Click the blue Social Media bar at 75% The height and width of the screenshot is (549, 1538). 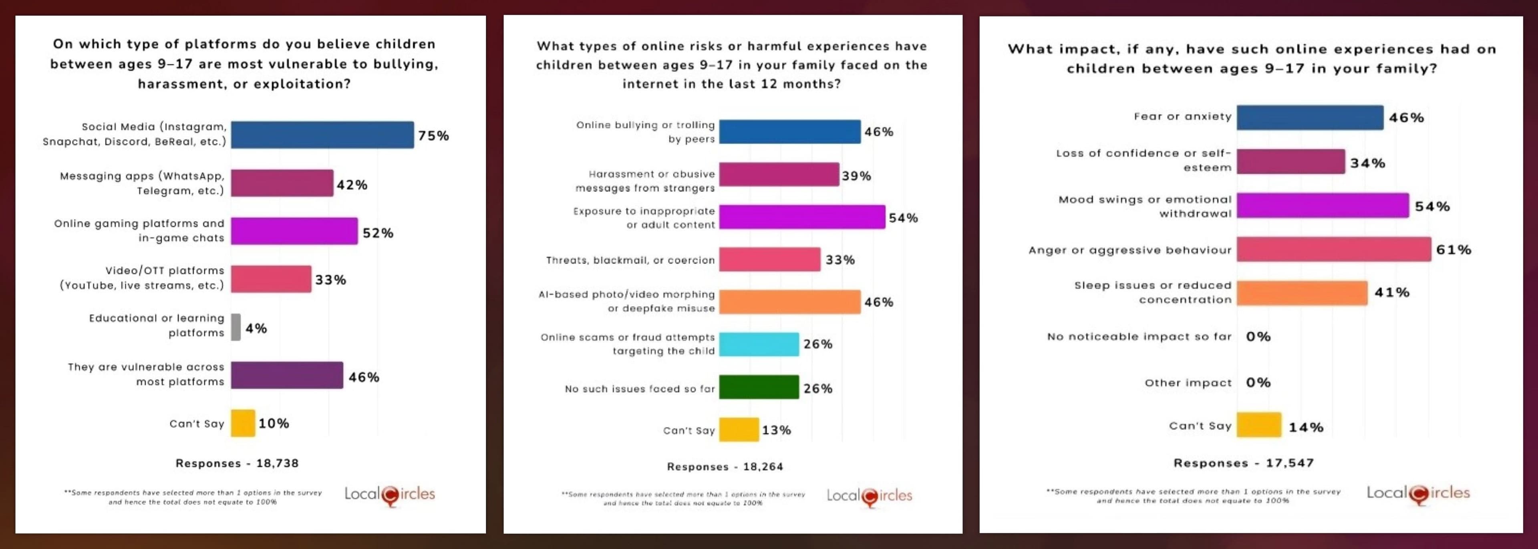tap(322, 135)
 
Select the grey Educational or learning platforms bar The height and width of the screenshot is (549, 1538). tap(236, 327)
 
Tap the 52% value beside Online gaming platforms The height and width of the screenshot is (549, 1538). tap(378, 233)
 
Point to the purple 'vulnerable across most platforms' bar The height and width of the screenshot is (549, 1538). tap(287, 375)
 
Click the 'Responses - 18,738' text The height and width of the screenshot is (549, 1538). tap(237, 463)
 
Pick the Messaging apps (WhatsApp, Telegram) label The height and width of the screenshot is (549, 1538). tap(142, 184)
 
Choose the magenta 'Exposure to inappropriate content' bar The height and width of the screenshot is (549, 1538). tap(802, 217)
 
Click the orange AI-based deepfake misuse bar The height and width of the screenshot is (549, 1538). tap(789, 302)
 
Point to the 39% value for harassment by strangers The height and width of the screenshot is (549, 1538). tap(856, 176)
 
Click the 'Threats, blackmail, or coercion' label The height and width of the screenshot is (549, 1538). tap(630, 260)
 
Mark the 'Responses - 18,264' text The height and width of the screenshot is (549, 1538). tap(725, 466)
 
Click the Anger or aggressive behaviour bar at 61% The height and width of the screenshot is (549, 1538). tap(1333, 249)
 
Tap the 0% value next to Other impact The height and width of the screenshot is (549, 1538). tap(1258, 382)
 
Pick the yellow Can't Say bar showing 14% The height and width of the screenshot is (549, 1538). tap(1258, 425)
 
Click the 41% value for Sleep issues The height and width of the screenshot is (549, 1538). tap(1392, 292)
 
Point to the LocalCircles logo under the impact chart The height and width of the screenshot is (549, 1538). tap(1418, 494)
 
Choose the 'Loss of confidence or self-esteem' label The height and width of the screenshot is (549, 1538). tap(1143, 160)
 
